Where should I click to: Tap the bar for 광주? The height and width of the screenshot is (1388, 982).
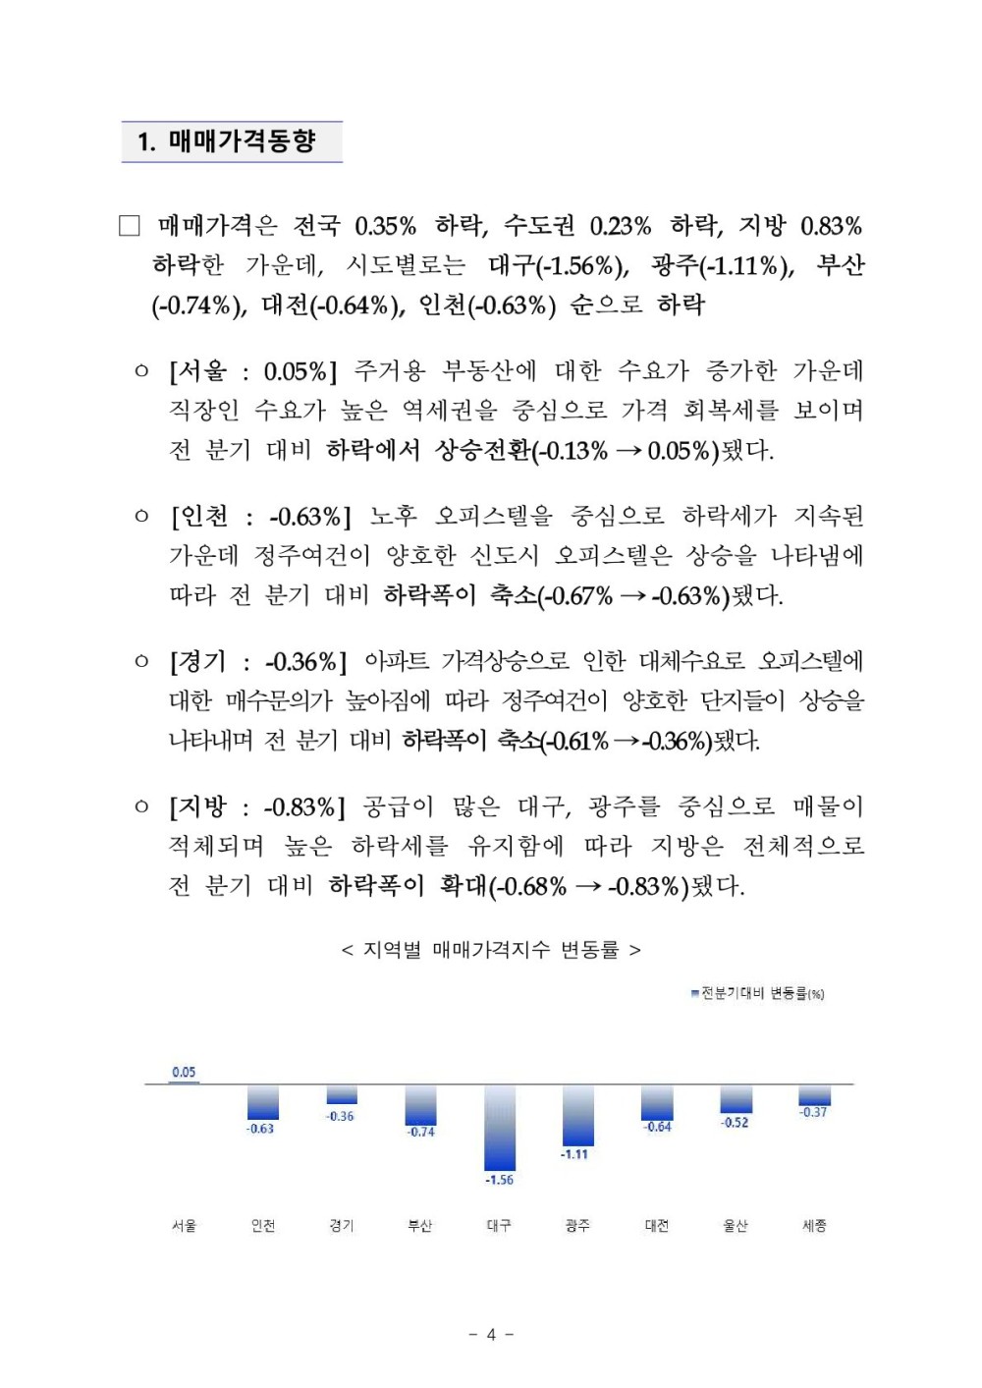point(577,1114)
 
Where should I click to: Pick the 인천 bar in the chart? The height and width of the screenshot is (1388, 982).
point(262,1101)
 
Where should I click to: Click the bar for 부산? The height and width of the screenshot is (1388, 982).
point(420,1104)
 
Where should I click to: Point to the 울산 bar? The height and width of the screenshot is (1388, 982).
point(736,1098)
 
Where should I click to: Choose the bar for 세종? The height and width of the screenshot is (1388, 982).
point(814,1094)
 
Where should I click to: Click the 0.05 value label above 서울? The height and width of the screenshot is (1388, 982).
point(184,1072)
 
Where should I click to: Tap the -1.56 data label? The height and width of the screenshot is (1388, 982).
point(499,1180)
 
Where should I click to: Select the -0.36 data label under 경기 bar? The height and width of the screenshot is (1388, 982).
point(341,1116)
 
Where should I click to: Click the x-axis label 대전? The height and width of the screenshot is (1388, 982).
point(656,1225)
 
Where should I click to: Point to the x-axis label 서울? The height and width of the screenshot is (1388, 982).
point(184,1225)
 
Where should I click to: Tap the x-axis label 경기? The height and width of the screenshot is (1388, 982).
point(341,1225)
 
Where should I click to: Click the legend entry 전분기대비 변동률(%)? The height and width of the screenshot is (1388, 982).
point(758,993)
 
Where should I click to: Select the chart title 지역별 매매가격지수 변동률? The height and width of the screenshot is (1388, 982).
point(491,950)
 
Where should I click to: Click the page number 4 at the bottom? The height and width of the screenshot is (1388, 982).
point(491,1334)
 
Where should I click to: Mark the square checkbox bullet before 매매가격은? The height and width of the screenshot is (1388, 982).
point(130,226)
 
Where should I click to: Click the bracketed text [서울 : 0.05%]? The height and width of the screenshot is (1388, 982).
point(252,371)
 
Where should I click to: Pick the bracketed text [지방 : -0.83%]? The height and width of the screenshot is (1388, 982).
point(257,807)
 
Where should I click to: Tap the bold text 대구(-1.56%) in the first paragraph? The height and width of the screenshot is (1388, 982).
point(557,265)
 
